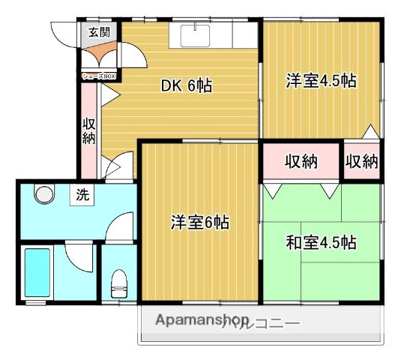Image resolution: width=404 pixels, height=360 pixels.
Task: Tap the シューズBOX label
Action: pos(98,75)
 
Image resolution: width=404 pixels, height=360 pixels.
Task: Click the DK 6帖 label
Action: pos(187,85)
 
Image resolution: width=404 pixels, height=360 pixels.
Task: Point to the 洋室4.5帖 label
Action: pos(320,80)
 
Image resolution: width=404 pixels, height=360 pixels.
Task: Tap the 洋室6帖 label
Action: pos(199,222)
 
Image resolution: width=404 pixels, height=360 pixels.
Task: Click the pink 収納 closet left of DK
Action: pos(89,131)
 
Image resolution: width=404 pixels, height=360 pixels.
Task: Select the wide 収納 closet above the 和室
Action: pos(300,160)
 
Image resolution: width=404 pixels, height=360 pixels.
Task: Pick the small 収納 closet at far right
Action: pos(362,160)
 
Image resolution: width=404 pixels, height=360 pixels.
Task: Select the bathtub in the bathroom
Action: pos(37,272)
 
